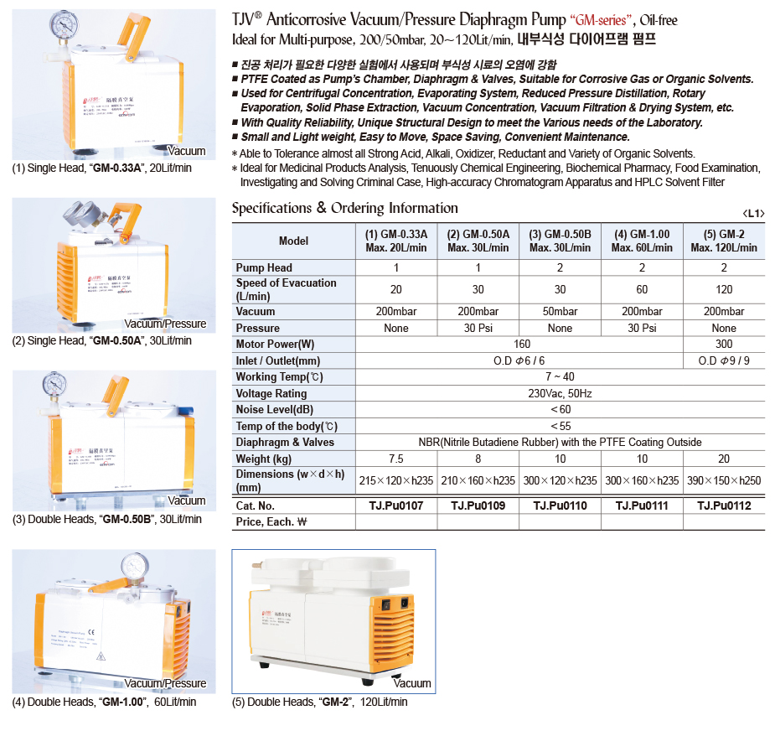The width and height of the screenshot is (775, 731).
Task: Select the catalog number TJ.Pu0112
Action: [x=724, y=505]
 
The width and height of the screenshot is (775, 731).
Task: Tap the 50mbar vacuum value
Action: [x=560, y=312]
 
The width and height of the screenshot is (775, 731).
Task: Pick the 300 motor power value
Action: [x=724, y=344]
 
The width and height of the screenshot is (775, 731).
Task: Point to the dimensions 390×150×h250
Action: [x=724, y=480]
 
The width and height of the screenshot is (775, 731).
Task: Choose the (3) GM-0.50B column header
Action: [x=560, y=241]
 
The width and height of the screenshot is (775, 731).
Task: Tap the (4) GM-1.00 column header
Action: [x=642, y=241]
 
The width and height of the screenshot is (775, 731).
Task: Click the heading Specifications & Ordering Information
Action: [x=344, y=208]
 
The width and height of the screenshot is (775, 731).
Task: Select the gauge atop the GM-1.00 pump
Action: [x=132, y=566]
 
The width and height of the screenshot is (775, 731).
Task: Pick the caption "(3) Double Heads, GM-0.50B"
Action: [x=106, y=519]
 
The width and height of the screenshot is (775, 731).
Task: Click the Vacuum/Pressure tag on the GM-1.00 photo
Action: [x=164, y=683]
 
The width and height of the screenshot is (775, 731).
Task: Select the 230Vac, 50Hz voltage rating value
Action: [x=560, y=393]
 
